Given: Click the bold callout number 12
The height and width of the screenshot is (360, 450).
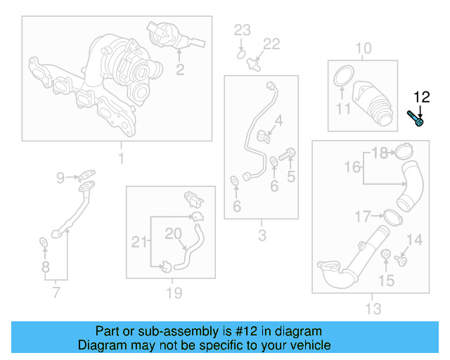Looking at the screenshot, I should (x=420, y=98).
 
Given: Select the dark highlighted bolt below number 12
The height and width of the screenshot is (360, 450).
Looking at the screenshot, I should (x=416, y=118).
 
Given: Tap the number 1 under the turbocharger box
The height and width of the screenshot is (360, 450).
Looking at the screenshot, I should (x=120, y=158).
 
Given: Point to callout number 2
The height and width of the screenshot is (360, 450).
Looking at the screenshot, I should (x=180, y=69).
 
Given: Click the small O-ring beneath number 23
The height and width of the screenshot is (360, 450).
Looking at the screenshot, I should (x=240, y=53).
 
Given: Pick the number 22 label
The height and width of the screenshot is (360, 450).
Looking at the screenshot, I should (x=271, y=44).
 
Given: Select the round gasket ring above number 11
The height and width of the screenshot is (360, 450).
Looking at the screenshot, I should (x=342, y=77).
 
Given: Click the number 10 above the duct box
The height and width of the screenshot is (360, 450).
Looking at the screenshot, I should (x=363, y=49).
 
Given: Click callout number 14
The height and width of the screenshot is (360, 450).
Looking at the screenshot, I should (x=414, y=241).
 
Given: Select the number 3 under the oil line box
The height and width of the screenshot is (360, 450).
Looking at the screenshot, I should (x=262, y=236).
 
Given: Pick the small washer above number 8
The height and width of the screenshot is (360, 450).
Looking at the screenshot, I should (x=44, y=243).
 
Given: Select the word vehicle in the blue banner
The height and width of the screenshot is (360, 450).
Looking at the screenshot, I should (x=309, y=345).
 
